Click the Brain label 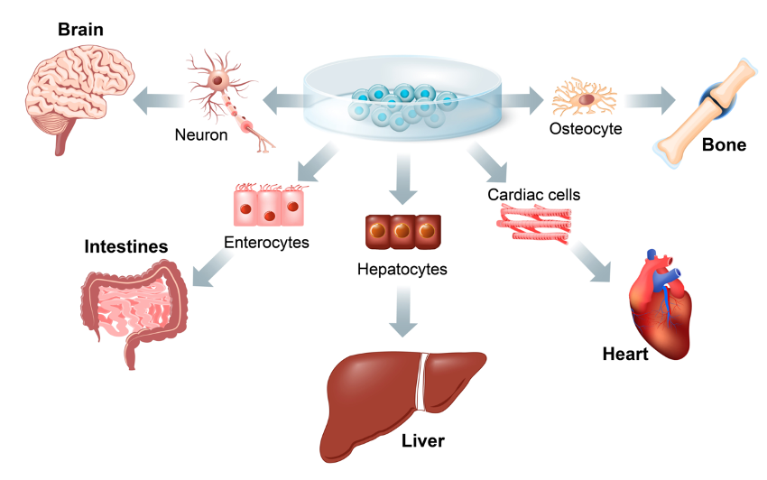[80, 30]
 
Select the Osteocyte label [586, 129]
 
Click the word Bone [724, 143]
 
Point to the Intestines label [126, 246]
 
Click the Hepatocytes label [402, 268]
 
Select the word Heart [625, 355]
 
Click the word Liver [423, 441]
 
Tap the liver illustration [397, 397]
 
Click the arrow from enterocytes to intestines [214, 270]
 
